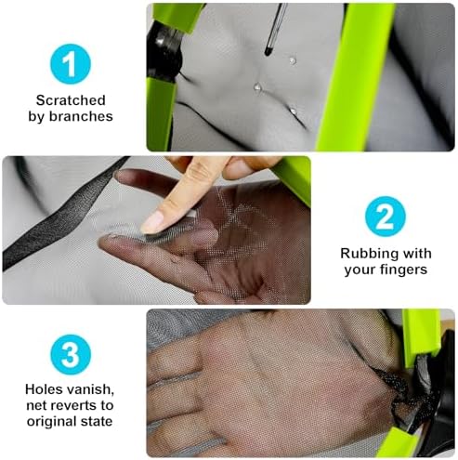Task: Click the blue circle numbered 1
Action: tap(71, 64)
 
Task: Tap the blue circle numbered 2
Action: tap(385, 217)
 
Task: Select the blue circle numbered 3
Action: tap(71, 354)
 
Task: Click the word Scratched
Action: tap(71, 100)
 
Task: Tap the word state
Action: tap(97, 422)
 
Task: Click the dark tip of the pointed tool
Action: tap(268, 51)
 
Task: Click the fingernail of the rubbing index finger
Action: tap(152, 221)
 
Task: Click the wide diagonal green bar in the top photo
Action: tap(356, 77)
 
